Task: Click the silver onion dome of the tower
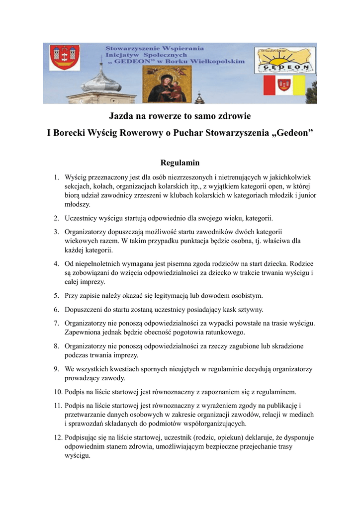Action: pos(101,81)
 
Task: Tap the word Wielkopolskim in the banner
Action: pos(219,62)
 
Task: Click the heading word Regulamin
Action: pos(180,163)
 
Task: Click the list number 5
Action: pos(57,296)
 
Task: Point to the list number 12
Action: pos(58,437)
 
